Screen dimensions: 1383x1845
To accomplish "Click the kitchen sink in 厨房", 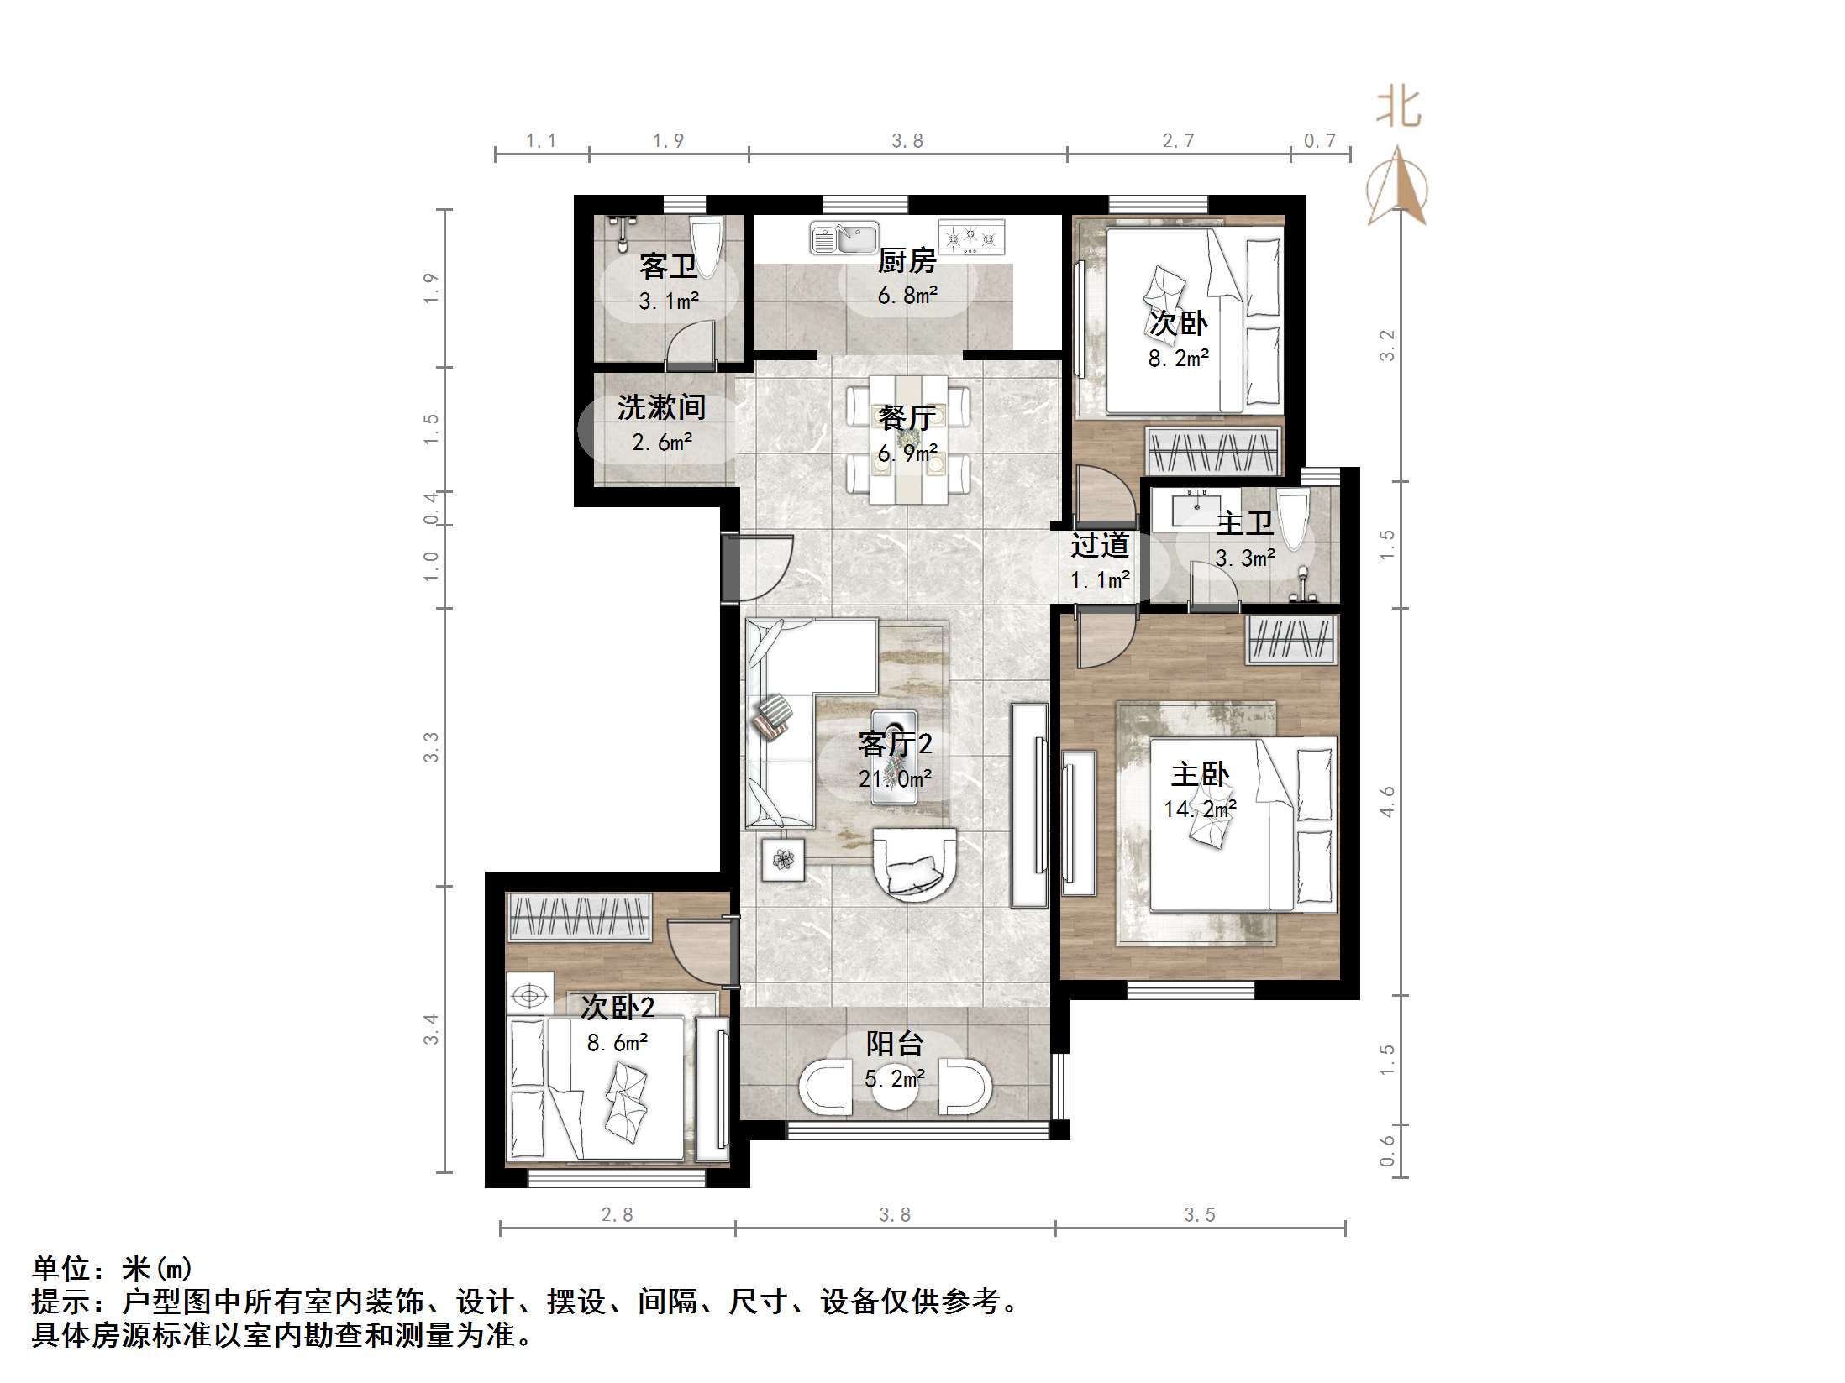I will pos(844,238).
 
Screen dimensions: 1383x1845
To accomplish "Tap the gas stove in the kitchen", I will pos(971,237).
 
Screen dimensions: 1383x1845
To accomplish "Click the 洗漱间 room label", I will pos(661,408).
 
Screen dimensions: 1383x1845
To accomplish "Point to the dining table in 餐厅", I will pos(907,439).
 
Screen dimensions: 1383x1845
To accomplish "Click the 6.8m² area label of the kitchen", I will pos(907,296).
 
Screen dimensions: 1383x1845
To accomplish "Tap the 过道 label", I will pos(1099,546).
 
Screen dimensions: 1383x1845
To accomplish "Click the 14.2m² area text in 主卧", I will pos(1199,809).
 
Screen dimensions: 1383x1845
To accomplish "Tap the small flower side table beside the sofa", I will pos(783,860).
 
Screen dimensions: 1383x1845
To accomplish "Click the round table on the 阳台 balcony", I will pos(894,1088).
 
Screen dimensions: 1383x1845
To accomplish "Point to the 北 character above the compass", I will pos(1399,107).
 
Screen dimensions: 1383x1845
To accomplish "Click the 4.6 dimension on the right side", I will pos(1386,801).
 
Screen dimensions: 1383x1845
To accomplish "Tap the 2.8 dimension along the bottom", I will pos(617,1214).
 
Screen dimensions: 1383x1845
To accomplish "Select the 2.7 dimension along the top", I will pos(1178,141).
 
